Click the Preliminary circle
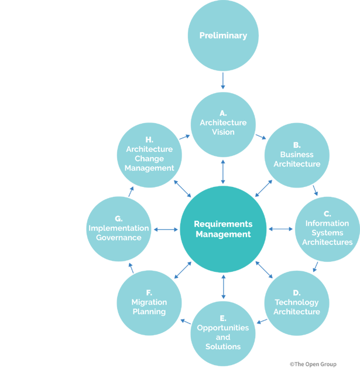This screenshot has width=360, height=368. [223, 35]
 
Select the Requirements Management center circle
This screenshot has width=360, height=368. [223, 229]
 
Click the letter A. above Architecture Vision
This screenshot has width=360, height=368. [223, 113]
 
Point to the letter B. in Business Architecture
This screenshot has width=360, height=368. [297, 145]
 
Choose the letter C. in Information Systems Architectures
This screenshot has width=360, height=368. [327, 214]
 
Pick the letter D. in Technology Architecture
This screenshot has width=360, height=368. [297, 293]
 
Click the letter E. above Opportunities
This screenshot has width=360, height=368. [223, 318]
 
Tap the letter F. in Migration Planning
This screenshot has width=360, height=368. [149, 293]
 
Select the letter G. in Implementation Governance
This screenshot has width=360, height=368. [119, 219]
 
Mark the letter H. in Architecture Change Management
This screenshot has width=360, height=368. [149, 140]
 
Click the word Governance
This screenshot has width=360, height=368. [119, 238]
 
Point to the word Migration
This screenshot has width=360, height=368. [149, 302]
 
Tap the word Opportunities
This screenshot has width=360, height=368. [223, 328]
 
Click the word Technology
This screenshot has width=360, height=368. [297, 302]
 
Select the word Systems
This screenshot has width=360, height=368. [327, 233]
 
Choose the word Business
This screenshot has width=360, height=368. [297, 155]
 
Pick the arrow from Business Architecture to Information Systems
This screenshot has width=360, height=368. [316, 190]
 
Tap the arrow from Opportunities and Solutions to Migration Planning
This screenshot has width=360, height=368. [185, 321]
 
